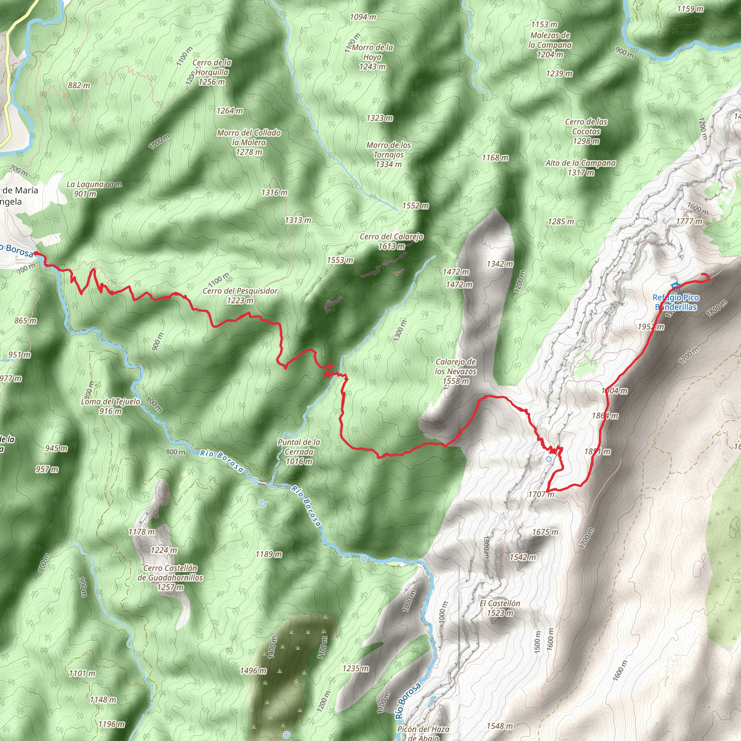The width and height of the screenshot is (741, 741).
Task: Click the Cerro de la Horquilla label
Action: (212, 72)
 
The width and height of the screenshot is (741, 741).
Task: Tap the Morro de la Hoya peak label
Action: (372, 57)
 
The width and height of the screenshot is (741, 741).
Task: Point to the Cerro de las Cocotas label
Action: (586, 131)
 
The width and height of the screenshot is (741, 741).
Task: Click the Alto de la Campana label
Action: (580, 168)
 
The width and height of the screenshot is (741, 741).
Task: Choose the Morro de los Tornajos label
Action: (389, 154)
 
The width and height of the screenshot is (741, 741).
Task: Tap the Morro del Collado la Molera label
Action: (249, 142)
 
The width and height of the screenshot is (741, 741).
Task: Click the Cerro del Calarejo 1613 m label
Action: (391, 241)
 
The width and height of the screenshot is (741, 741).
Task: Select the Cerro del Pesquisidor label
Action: (240, 295)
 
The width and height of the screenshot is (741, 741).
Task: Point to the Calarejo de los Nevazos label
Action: (456, 371)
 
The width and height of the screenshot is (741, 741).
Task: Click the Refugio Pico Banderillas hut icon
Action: (676, 286)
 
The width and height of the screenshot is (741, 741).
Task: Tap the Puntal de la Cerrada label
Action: (299, 452)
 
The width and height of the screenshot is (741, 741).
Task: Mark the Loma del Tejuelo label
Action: (111, 406)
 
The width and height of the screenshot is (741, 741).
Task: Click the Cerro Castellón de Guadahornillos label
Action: (170, 577)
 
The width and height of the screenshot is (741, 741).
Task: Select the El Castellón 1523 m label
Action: (500, 608)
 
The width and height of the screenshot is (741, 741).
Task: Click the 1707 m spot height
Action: (541, 494)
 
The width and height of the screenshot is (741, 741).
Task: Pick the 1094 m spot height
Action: (363, 17)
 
